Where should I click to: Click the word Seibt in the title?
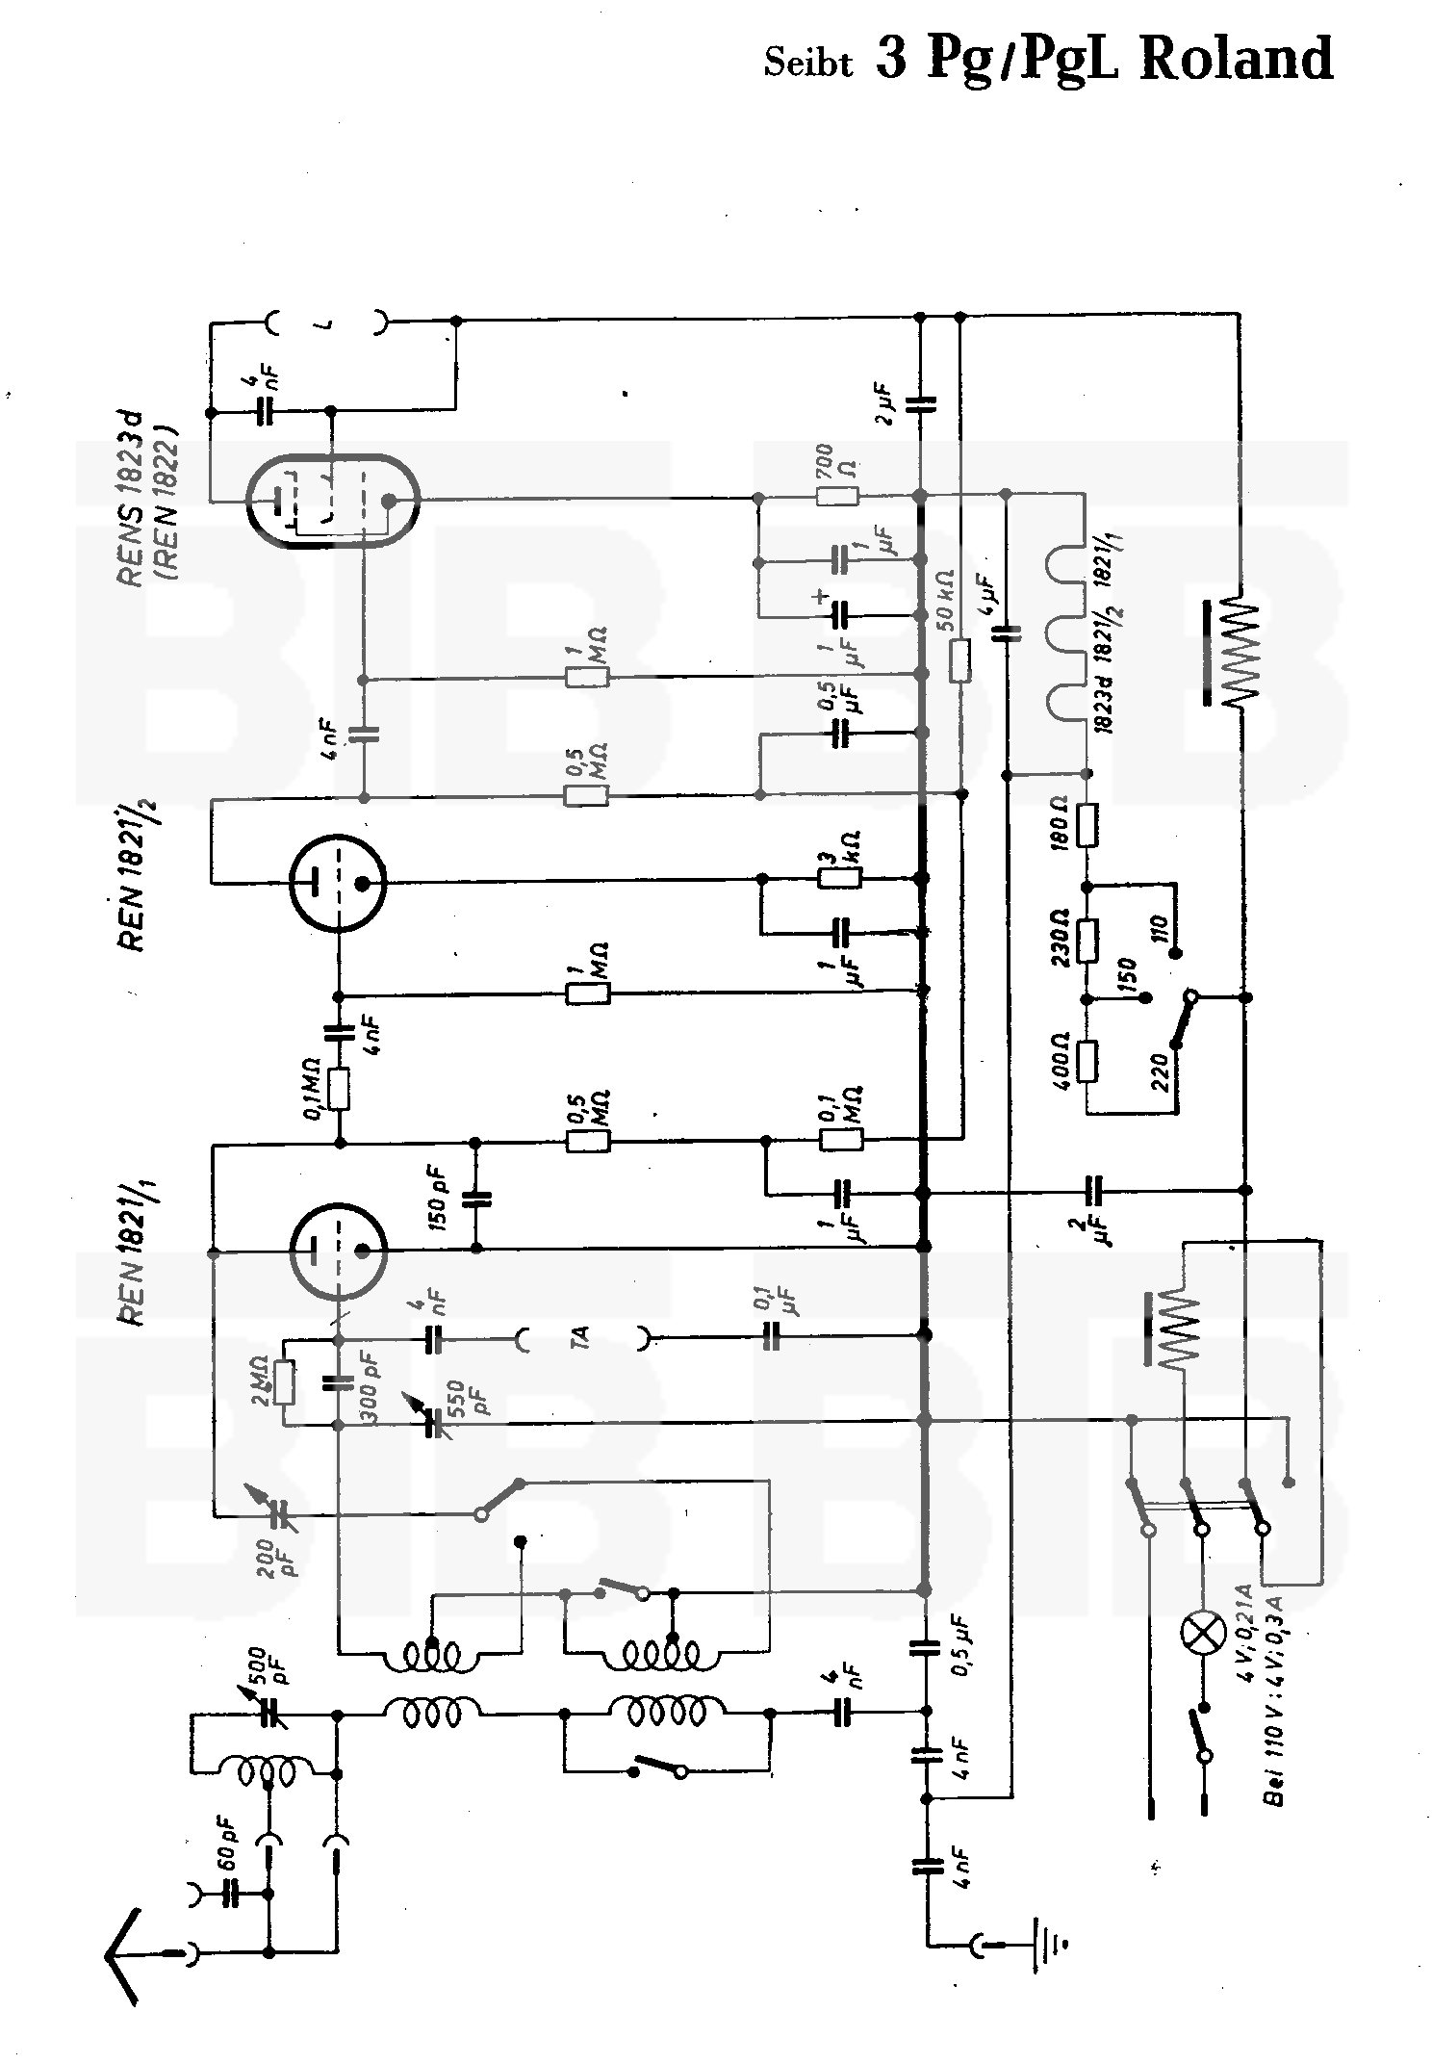tap(808, 63)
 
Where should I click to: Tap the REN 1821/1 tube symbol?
tap(338, 1250)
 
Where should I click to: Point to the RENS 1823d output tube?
tap(333, 501)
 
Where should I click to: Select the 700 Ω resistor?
tap(837, 497)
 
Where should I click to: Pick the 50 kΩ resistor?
tap(959, 660)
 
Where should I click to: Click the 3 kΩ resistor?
tap(839, 878)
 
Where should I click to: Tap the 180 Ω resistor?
tap(1087, 825)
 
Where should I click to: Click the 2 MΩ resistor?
tap(284, 1383)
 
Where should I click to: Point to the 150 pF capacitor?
tap(476, 1199)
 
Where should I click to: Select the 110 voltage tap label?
tap(1159, 929)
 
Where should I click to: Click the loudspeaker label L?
tap(327, 323)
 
